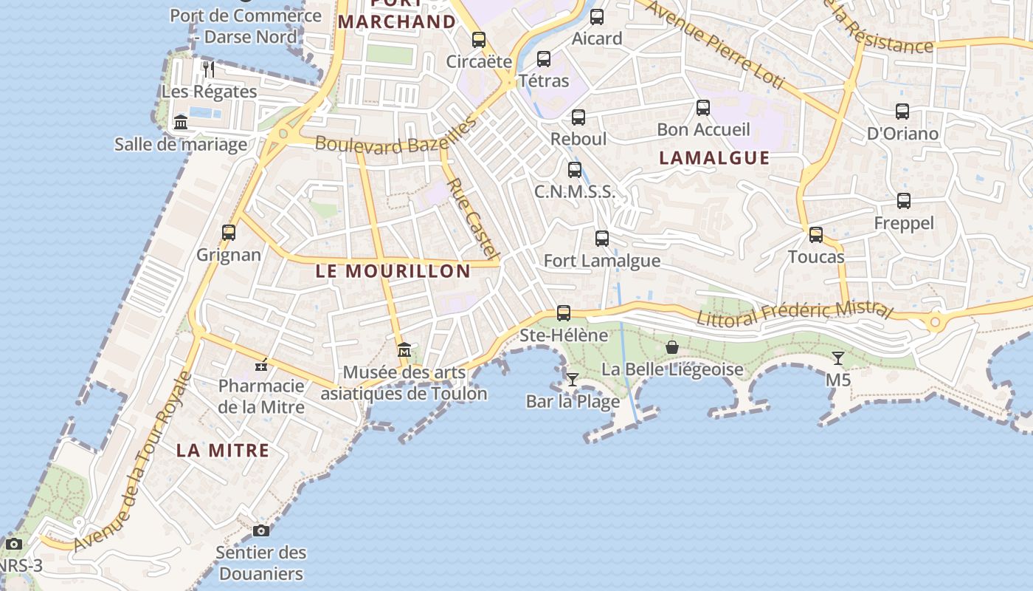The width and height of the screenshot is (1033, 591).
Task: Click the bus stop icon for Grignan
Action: tap(229, 232)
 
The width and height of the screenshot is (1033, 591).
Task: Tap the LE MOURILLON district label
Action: tap(393, 271)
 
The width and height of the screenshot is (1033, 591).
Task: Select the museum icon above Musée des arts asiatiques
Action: tap(404, 349)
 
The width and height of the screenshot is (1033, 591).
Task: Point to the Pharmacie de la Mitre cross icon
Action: tap(261, 364)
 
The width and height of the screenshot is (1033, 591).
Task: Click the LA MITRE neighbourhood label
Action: tap(223, 450)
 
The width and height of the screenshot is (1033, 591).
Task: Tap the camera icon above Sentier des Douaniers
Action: tap(261, 530)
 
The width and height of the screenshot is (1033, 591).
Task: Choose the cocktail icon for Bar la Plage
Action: tap(573, 380)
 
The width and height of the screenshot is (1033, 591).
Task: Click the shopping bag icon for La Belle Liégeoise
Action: tap(672, 346)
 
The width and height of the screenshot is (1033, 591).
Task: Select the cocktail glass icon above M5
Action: tap(838, 358)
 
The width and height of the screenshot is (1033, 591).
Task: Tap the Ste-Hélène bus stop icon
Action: tap(564, 312)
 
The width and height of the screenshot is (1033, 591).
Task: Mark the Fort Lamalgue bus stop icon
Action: tap(602, 238)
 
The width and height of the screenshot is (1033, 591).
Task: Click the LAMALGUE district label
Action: tap(714, 158)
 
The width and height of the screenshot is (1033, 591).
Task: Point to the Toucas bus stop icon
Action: tap(816, 234)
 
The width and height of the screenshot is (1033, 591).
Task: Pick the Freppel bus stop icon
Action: tap(904, 200)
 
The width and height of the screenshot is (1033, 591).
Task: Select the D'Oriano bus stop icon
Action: tap(902, 112)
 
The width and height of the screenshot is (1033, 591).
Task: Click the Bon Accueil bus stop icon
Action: tap(703, 107)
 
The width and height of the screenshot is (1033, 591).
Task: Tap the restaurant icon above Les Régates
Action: tap(209, 69)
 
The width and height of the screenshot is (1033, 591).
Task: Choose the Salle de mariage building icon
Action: tap(181, 122)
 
